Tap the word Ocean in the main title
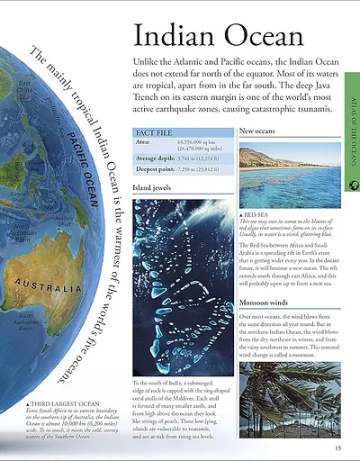[261, 37]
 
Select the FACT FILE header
[154, 131]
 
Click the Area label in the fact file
[143, 141]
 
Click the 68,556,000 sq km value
[200, 141]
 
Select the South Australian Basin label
[28, 321]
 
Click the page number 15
[337, 447]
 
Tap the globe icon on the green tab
[351, 186]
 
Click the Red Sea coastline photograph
[290, 172]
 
